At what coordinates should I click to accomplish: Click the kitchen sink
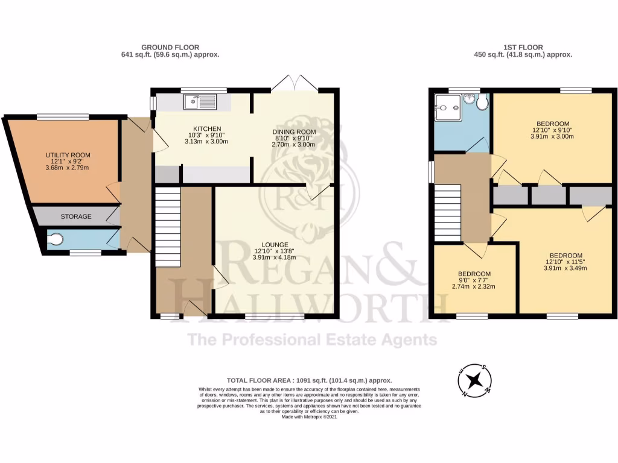coord(199,102)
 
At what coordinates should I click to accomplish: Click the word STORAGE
coord(75,216)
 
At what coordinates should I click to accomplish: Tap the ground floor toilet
coord(55,240)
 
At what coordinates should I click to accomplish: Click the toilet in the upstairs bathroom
coord(481,103)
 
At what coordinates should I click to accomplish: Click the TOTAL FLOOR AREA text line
coord(309,380)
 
